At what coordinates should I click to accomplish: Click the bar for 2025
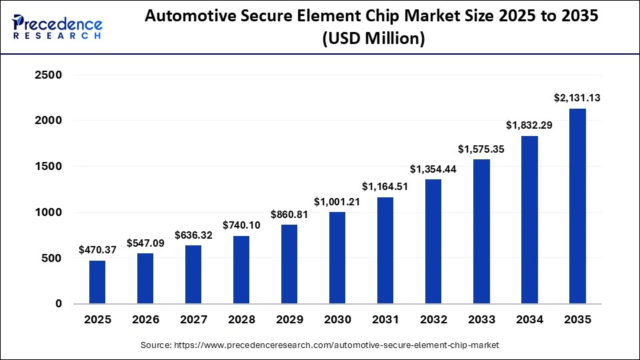tap(97, 282)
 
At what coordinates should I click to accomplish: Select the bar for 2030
tap(337, 258)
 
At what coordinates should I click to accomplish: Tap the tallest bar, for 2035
tap(577, 206)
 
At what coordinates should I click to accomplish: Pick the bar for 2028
tap(241, 270)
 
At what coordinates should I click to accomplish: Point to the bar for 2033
tap(481, 231)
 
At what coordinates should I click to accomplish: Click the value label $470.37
tap(97, 250)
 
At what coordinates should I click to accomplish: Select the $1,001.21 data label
tap(337, 201)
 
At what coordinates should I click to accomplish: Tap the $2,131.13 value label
tap(577, 98)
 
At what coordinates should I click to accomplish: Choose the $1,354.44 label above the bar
tap(433, 169)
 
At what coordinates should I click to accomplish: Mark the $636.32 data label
tap(193, 235)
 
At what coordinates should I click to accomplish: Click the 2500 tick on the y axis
tap(48, 75)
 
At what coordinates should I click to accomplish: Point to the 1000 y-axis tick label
tap(48, 213)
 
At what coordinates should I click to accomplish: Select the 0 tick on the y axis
tap(59, 304)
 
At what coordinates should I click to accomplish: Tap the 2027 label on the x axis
tap(193, 320)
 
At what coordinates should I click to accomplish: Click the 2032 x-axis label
tap(433, 320)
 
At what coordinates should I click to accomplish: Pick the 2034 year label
tap(529, 320)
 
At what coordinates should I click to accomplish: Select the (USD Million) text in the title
tap(373, 40)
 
